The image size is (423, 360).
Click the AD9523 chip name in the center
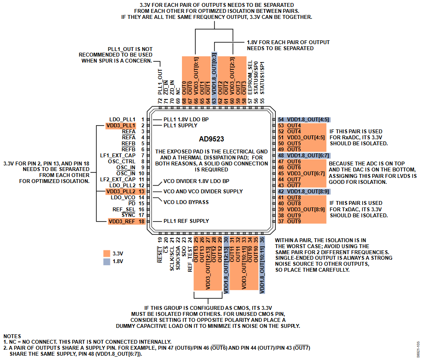[211, 139]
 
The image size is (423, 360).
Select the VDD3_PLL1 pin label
[122, 125]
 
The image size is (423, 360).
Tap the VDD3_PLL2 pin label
[122, 191]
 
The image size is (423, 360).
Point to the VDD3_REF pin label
[122, 221]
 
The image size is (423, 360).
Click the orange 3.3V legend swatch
[107, 253]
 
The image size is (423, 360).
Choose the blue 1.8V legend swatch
[107, 261]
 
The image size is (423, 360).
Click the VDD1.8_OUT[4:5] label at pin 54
[308, 120]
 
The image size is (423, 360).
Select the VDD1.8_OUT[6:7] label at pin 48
[308, 155]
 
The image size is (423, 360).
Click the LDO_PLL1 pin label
[122, 119]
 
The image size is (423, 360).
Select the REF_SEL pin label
[124, 209]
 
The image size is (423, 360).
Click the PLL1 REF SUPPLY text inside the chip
[186, 221]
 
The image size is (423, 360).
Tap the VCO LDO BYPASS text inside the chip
[186, 201]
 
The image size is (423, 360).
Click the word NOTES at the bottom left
[12, 336]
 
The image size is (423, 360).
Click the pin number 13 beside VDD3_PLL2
[141, 191]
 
